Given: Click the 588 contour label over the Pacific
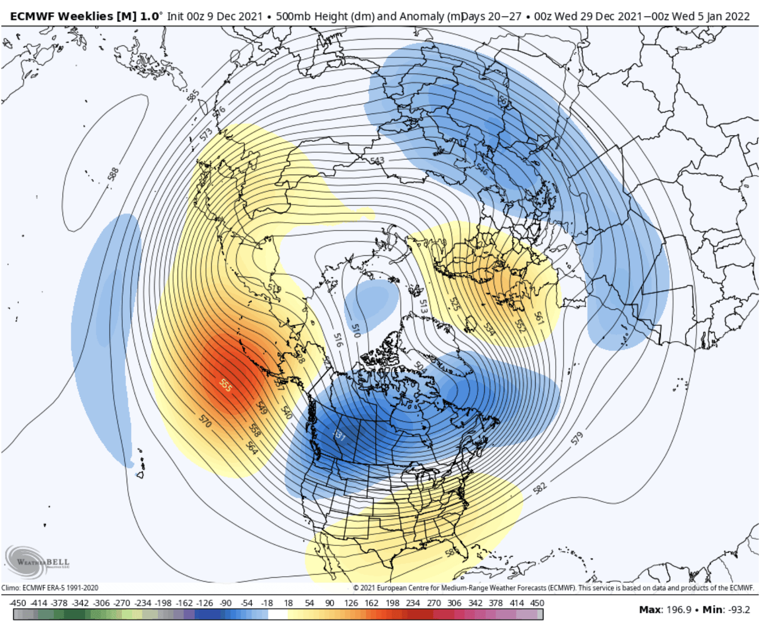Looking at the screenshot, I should pos(113,174).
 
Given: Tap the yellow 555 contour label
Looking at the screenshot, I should pos(225,385).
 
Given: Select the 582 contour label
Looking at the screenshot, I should pos(540,488).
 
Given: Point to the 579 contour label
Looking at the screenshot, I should pos(577,438).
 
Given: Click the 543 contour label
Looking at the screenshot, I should pos(377,160).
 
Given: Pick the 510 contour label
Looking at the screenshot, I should pos(356,331).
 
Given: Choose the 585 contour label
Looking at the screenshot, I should pos(193,96).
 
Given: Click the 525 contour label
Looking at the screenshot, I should pos(454,304).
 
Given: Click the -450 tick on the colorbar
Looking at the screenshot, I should pos(18,603).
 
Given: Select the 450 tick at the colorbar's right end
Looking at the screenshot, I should pos(537,603).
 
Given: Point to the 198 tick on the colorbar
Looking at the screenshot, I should pos(392,603).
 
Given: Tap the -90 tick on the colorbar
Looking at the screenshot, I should pos(225,603).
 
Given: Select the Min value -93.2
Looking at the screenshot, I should pos(737,609).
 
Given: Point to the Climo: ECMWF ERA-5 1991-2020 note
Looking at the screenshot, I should pos(50,587).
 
